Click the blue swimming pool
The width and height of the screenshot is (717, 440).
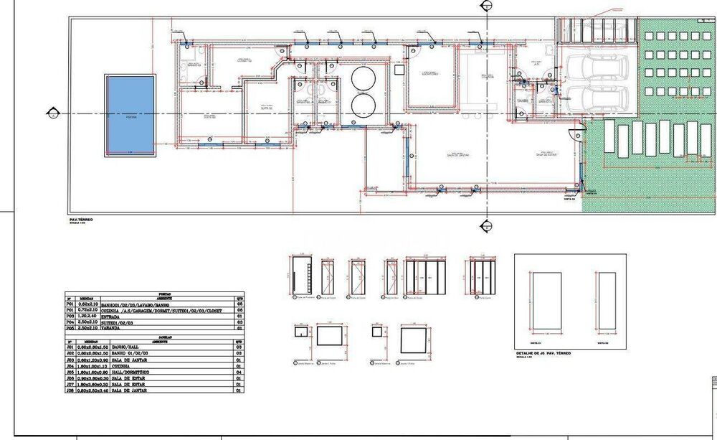point(130,115)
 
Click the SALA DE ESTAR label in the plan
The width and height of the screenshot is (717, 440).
point(546,154)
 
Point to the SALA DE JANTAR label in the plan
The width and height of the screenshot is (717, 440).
point(457,154)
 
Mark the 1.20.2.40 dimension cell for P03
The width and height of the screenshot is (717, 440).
point(88,315)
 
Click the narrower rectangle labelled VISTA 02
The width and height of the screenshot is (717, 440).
point(607,300)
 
